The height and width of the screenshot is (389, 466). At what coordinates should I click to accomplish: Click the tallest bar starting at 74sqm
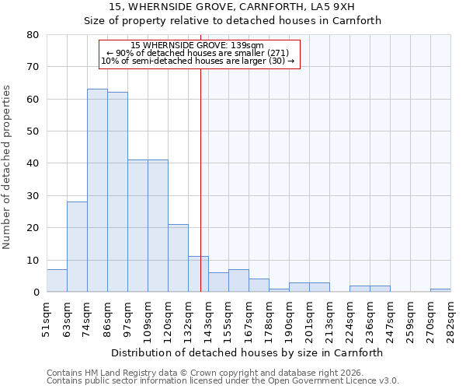click(97, 191)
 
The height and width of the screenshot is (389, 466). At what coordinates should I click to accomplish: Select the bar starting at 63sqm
click(77, 247)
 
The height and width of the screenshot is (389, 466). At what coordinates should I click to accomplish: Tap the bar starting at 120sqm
click(178, 258)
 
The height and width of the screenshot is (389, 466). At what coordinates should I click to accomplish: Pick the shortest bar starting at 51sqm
click(57, 281)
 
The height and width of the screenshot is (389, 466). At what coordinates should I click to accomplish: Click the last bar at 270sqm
click(440, 290)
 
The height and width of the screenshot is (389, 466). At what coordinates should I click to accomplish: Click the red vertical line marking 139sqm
click(201, 171)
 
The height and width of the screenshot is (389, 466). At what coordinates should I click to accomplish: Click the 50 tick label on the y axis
click(33, 131)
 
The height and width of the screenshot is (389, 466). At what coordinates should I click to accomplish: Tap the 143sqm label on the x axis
click(209, 318)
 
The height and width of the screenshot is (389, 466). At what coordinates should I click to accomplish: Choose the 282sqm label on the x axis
click(451, 318)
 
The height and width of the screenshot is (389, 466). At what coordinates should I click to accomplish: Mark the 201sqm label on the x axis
click(310, 318)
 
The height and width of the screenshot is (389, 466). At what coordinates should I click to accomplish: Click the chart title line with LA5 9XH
click(233, 7)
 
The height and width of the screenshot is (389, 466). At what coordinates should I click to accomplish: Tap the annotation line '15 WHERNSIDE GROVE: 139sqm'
click(198, 45)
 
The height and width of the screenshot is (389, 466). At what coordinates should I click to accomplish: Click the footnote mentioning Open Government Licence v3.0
click(223, 381)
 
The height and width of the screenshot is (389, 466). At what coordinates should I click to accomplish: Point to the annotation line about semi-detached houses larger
click(198, 61)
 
